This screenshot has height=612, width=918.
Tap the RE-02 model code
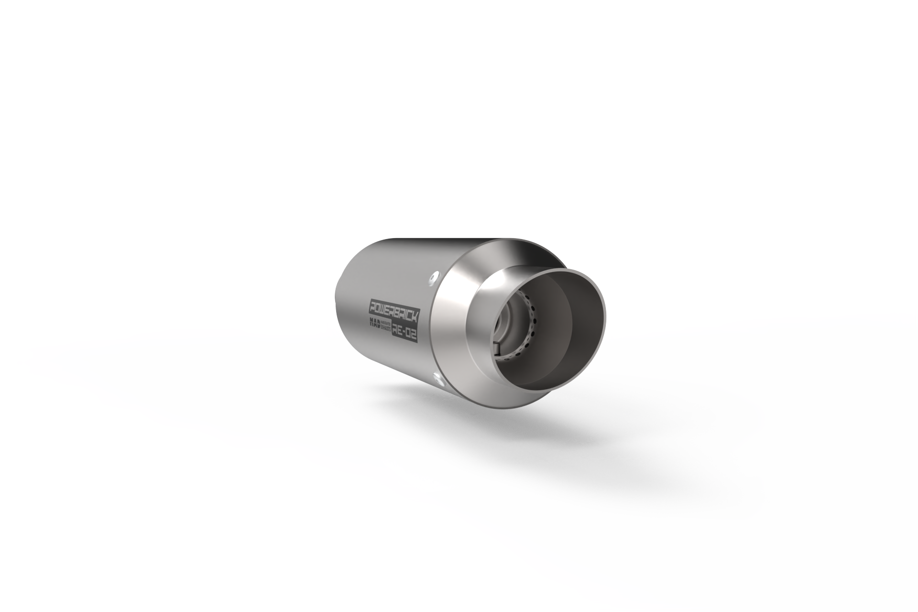[404, 333]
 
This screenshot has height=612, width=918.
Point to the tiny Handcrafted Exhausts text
[386, 327]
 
